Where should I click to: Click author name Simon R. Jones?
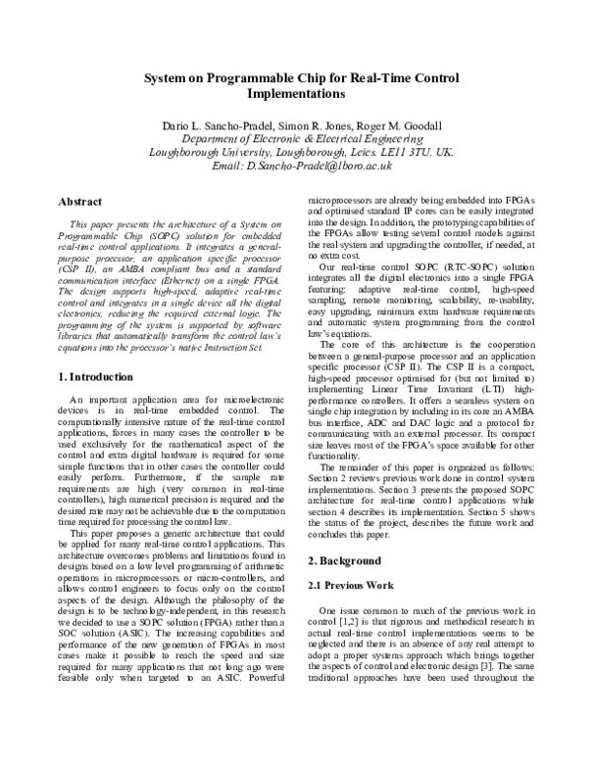(309, 127)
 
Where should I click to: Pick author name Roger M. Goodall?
(399, 127)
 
